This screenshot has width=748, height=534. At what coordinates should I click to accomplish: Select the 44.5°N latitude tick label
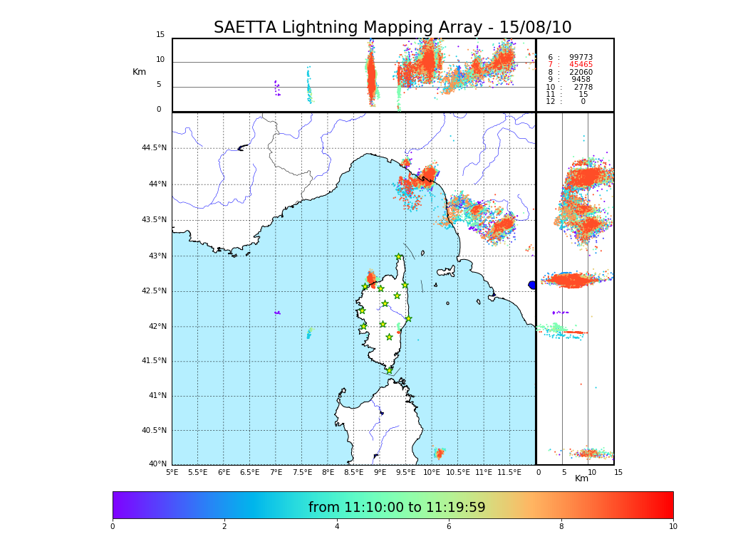154,148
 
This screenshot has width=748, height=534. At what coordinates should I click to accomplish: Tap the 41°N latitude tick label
156,396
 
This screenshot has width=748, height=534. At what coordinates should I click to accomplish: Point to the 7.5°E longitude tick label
302,472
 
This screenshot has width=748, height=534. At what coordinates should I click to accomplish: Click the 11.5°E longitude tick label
509,472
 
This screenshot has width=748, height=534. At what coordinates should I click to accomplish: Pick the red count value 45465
581,65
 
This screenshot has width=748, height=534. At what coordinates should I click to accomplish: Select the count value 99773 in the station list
581,57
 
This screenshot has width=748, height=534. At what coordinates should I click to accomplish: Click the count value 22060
581,72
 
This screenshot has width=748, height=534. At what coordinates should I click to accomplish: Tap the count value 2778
583,87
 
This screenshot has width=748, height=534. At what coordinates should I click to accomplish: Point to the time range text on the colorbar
397,508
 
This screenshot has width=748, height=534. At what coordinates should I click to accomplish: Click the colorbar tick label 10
672,527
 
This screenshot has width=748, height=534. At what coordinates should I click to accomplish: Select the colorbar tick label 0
113,527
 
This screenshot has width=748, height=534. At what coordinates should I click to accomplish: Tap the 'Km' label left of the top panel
139,72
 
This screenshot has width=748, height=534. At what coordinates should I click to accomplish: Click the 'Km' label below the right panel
581,478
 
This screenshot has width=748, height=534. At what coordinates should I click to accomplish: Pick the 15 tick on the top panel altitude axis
160,35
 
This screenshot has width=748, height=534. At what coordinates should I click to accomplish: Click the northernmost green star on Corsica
399,257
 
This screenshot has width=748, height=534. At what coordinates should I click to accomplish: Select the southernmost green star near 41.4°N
389,370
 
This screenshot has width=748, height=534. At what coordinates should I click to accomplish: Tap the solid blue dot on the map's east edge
532,285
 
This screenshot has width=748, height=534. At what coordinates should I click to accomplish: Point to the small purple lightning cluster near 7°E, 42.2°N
277,313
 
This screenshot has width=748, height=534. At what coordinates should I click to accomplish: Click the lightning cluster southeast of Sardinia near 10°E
440,453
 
